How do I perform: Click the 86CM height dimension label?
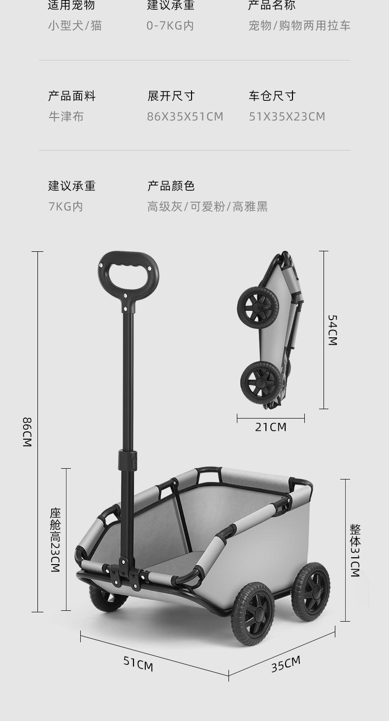tap(27, 431)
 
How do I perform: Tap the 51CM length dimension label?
tap(138, 664)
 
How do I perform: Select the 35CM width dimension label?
tap(286, 664)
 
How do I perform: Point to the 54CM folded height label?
tap(332, 330)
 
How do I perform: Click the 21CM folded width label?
tap(270, 427)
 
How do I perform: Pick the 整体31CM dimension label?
tap(355, 550)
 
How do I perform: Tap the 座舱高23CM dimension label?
tap(55, 540)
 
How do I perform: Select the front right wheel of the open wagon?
tap(253, 613)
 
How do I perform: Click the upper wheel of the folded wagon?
tap(258, 308)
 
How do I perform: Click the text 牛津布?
tap(66, 117)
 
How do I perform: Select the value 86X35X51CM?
tap(185, 117)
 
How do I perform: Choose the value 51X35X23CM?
tap(287, 117)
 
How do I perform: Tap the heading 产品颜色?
tap(171, 186)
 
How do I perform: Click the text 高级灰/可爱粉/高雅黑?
tap(207, 207)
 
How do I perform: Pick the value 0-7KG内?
tap(170, 26)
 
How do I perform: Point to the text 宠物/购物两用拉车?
tap(299, 26)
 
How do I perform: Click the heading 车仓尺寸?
tap(272, 96)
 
